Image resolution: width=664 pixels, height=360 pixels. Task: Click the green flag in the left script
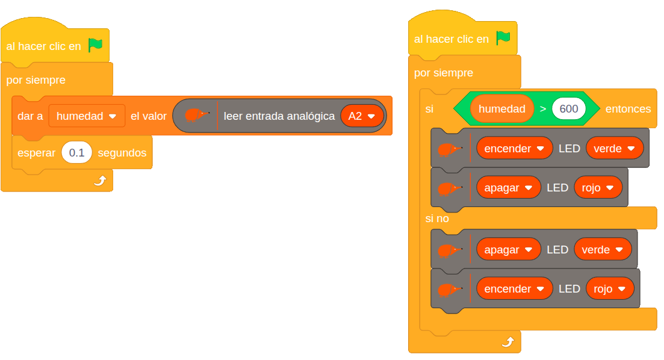[x=95, y=45]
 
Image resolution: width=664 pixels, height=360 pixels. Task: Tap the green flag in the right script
[x=503, y=38]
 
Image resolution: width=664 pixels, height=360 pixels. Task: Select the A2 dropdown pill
[x=362, y=116]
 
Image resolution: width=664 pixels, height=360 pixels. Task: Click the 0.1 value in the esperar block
[x=76, y=153]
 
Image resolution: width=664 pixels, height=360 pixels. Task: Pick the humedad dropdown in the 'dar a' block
[x=87, y=116]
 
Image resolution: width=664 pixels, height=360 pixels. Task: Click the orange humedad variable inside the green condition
[x=502, y=109]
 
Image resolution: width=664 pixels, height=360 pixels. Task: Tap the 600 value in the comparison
[x=568, y=109]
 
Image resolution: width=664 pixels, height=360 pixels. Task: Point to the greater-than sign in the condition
[x=543, y=109]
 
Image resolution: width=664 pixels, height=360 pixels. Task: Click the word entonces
[x=628, y=109]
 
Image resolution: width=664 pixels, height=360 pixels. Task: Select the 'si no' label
[x=437, y=219]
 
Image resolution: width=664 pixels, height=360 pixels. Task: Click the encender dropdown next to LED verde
[x=514, y=148]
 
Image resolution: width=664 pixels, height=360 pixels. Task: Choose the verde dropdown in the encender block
[x=614, y=148]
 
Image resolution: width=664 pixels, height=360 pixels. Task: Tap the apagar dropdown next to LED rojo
[x=508, y=187]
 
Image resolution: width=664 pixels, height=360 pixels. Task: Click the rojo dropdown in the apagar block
[x=598, y=187]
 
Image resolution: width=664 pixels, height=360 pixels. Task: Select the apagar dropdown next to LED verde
[x=508, y=249]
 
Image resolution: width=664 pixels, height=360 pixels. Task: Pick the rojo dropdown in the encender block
[x=609, y=288]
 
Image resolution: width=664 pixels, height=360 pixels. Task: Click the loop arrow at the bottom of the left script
[x=100, y=181]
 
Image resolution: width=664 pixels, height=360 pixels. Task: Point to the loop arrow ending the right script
[x=508, y=342]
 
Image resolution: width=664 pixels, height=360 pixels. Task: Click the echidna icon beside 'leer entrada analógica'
[x=196, y=115]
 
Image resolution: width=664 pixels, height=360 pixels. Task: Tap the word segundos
[x=122, y=153]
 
